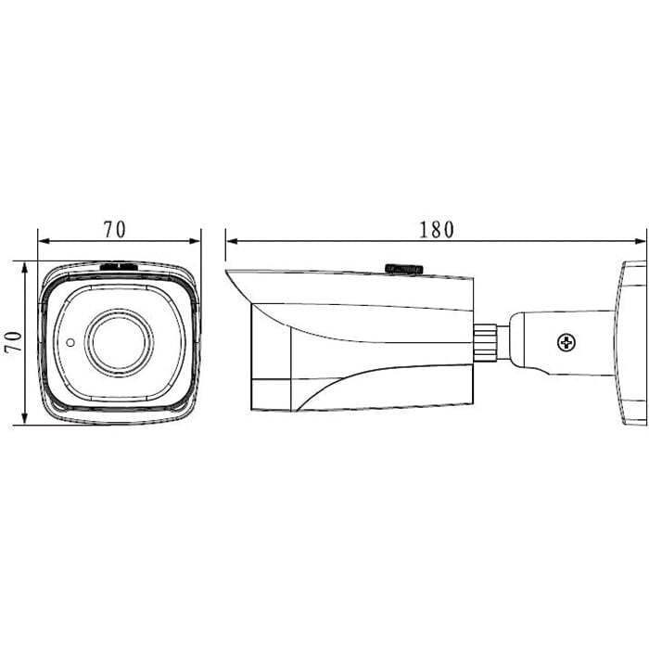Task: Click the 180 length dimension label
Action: tap(437, 230)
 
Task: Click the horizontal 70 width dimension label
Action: tap(114, 230)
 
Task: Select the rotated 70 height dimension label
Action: tap(14, 342)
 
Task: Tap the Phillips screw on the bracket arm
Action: tap(566, 343)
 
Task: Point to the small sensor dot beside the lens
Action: tap(70, 343)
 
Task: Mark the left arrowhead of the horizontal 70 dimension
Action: tap(44, 241)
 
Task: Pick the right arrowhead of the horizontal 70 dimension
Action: tap(195, 241)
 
